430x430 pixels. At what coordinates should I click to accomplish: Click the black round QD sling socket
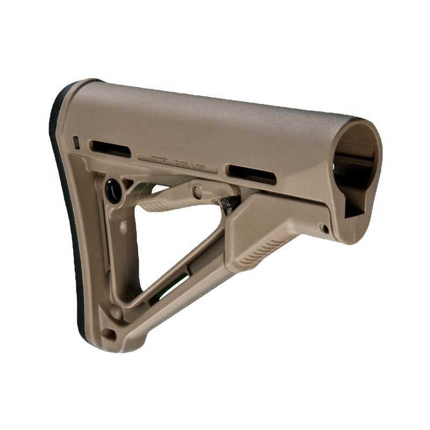pos(113,191)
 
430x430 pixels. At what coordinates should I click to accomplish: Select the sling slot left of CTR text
pos(110,148)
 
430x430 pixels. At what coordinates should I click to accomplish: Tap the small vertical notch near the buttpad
pos(76,142)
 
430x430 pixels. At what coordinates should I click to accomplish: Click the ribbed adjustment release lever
pos(161,202)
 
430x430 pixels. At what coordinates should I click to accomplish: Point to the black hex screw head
pos(228,203)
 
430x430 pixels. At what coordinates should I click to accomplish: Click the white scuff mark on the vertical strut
pos(124,228)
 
